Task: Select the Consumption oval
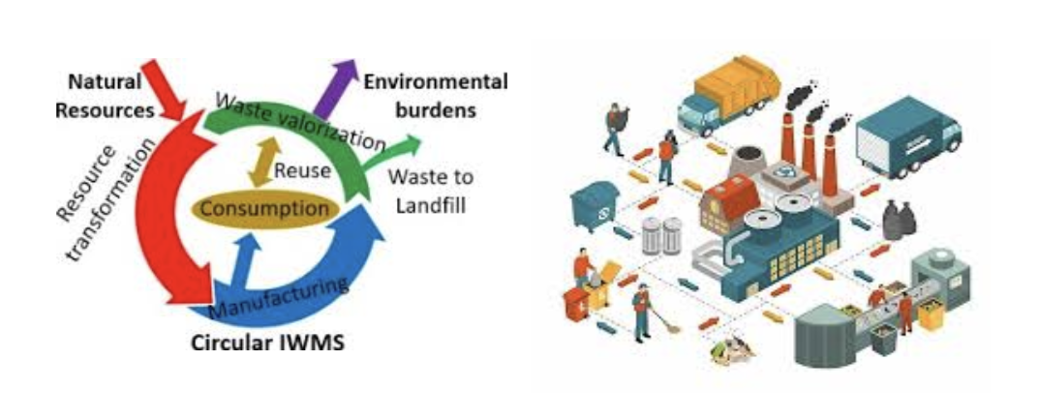(x=264, y=208)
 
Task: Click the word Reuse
(x=301, y=171)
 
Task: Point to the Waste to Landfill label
(x=429, y=191)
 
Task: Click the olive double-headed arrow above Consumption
(x=259, y=160)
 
